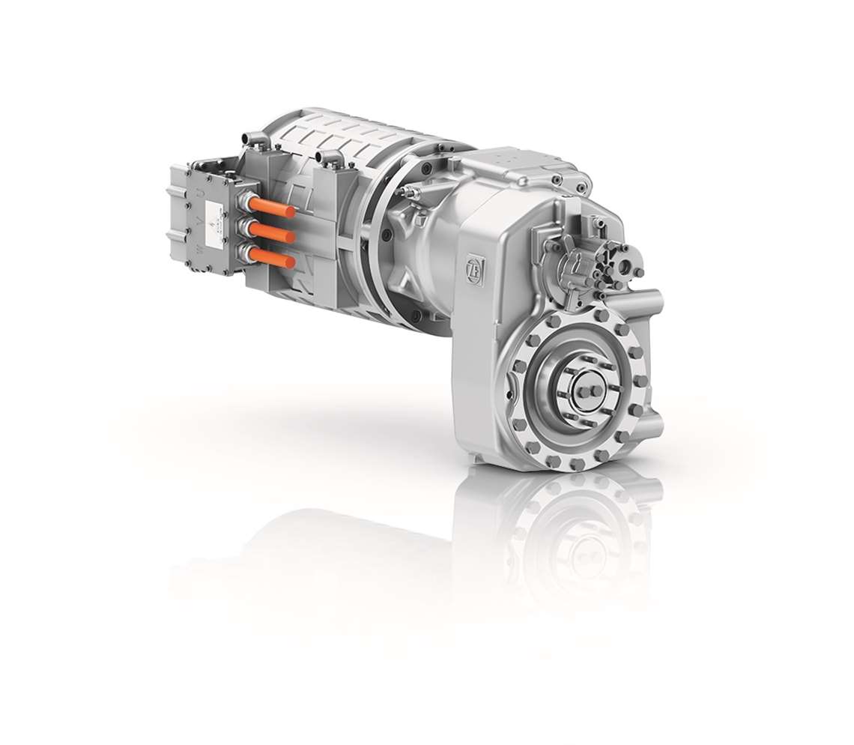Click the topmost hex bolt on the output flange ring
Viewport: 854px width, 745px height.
576,317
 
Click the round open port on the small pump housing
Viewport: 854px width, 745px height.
625,268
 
